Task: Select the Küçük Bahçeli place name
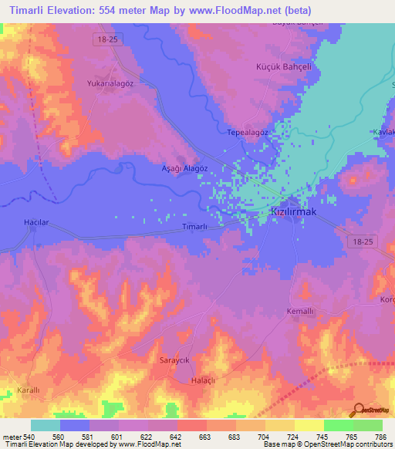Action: click(x=282, y=67)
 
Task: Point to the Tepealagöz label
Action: click(x=248, y=132)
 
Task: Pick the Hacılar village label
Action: click(x=37, y=222)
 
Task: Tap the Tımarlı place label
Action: click(x=194, y=226)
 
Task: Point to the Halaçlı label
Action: click(x=204, y=381)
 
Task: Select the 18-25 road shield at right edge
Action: click(x=360, y=242)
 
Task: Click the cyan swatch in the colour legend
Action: click(x=46, y=425)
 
